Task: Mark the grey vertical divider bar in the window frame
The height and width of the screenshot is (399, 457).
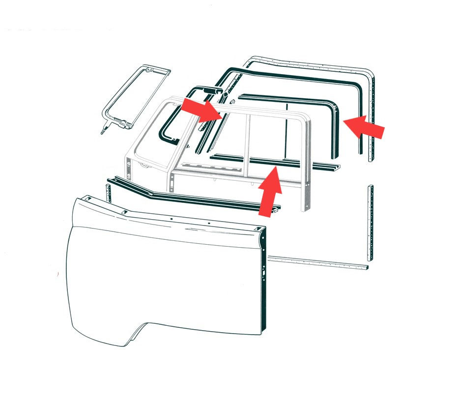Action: [x=249, y=142]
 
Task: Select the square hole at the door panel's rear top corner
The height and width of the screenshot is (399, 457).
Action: [x=257, y=230]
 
